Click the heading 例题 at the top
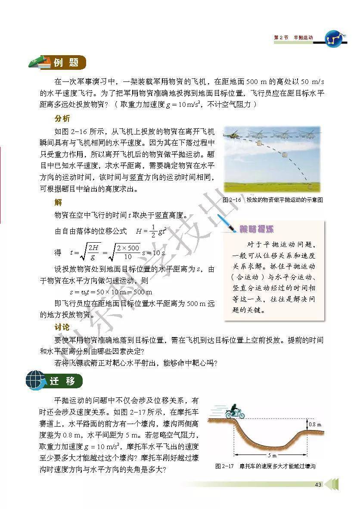click(x=66, y=63)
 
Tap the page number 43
click(x=318, y=485)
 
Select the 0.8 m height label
click(x=316, y=425)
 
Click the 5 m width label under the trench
click(x=270, y=455)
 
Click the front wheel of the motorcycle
click(x=241, y=415)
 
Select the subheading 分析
click(x=62, y=119)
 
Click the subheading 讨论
click(x=62, y=328)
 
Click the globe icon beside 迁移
click(x=35, y=381)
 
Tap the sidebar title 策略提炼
click(x=257, y=230)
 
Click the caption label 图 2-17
click(x=224, y=466)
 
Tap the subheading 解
click(x=58, y=202)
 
